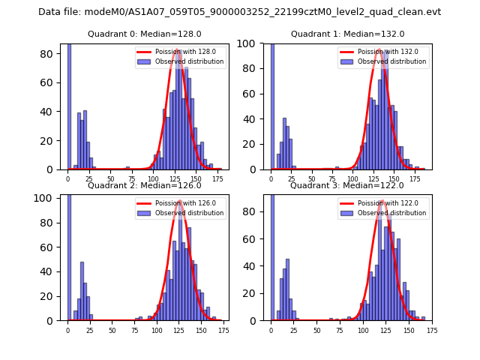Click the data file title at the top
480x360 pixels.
pos(239,12)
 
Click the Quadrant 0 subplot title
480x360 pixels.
pos(144,34)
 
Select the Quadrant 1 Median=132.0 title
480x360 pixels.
pos(347,34)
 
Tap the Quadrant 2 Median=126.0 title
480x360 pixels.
pos(144,185)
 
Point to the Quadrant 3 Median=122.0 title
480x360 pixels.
pos(347,185)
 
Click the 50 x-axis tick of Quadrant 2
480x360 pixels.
pos(112,330)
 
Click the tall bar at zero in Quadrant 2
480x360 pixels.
pos(67,259)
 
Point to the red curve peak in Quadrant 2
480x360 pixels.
pos(179,201)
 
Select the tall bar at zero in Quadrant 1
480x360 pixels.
pos(271,106)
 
